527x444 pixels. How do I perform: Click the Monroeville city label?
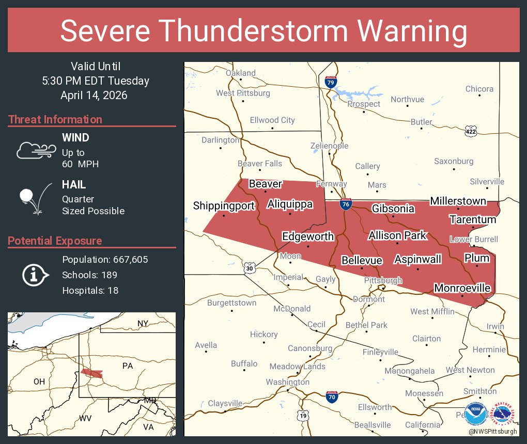point(462,288)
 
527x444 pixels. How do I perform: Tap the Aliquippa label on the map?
point(290,204)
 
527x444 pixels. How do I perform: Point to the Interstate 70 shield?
point(332,397)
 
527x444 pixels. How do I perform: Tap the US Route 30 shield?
point(249,268)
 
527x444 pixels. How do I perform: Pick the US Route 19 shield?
point(303,415)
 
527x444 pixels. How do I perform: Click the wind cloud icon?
point(35,150)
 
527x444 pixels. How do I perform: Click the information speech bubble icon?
point(35,275)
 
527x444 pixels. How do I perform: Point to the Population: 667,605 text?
point(105,259)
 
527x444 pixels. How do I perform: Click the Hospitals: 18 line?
point(90,290)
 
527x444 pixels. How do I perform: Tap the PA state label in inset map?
point(128,366)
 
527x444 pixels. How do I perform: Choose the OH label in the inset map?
point(39,382)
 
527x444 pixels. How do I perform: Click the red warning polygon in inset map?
point(91,373)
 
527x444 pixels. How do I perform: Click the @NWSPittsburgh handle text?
point(492,431)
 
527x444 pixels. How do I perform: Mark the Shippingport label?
point(224,206)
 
